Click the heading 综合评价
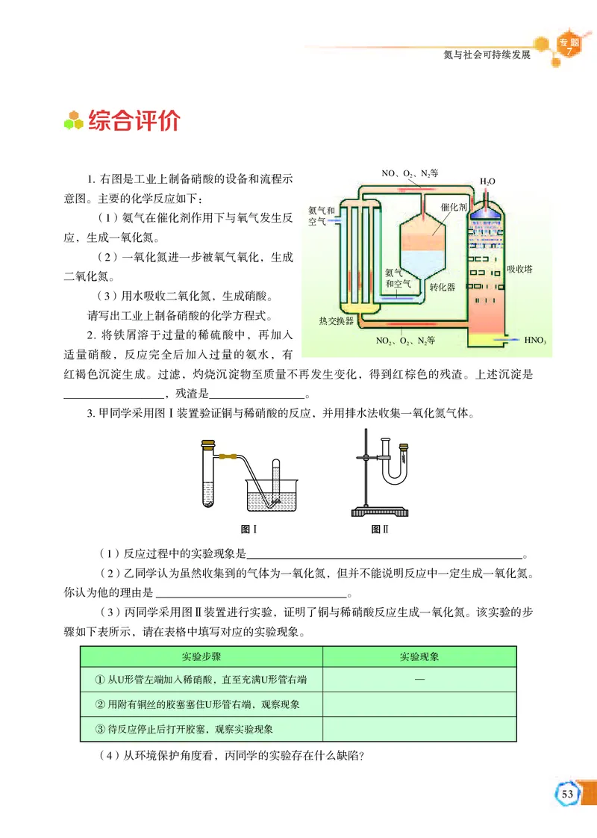pyautogui.click(x=134, y=121)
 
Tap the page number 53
pyautogui.click(x=568, y=792)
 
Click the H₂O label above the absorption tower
pyautogui.click(x=487, y=181)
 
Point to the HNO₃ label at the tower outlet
pyautogui.click(x=536, y=341)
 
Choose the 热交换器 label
pyautogui.click(x=336, y=321)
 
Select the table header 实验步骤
pyautogui.click(x=201, y=657)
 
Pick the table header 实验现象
pyautogui.click(x=419, y=657)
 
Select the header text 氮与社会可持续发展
pyautogui.click(x=487, y=55)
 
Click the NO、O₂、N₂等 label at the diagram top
pyautogui.click(x=410, y=173)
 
